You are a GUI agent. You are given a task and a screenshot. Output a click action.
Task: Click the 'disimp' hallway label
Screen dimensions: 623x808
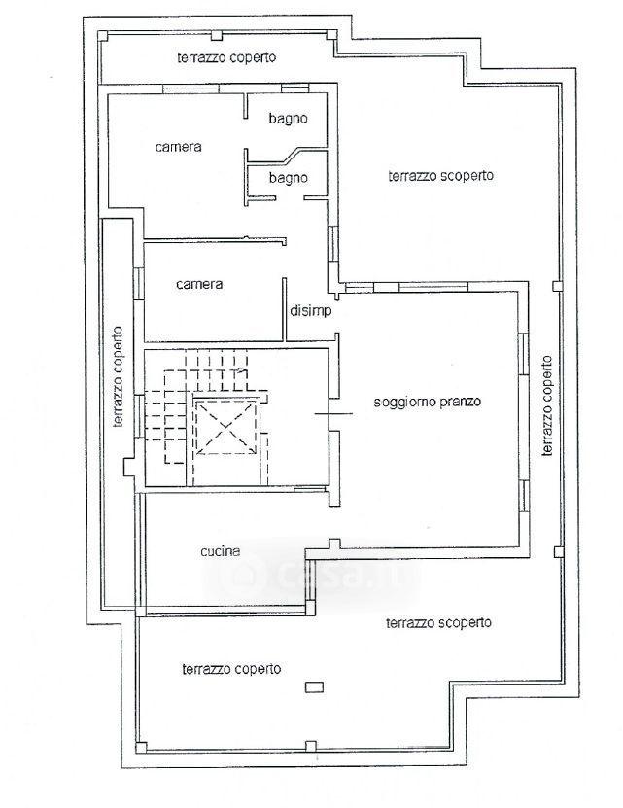coord(311,311)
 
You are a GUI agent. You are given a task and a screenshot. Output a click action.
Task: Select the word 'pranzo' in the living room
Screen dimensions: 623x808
coord(463,402)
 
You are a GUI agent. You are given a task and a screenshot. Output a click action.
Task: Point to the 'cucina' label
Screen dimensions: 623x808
coord(221,551)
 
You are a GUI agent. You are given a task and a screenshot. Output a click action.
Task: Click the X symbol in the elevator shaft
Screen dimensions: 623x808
coord(225,428)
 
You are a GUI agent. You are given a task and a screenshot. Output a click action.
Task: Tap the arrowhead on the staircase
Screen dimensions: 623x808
coord(242,369)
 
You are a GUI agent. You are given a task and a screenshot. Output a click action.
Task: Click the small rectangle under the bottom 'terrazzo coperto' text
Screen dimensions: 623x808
coord(314,686)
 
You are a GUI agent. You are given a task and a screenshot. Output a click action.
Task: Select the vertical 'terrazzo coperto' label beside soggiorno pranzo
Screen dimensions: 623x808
coord(547,406)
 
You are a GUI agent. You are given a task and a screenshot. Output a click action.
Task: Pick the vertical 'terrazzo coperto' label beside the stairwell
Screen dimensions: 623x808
coord(118,376)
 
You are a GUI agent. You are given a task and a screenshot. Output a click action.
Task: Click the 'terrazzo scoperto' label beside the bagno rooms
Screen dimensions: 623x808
coord(440,176)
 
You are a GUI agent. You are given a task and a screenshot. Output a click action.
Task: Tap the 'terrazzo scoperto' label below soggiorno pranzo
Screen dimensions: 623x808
coord(438,623)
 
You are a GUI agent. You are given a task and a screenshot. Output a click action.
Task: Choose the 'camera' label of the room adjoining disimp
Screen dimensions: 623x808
coord(199,284)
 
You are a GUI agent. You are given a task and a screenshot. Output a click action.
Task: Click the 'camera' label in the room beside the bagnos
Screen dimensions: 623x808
coord(178,147)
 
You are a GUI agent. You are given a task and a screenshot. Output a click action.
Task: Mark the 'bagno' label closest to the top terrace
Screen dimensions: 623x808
coord(288,119)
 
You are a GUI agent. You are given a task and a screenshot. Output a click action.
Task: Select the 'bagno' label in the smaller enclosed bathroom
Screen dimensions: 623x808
coord(288,178)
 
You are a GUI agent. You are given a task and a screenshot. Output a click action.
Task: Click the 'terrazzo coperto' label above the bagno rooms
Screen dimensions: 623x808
coord(226,57)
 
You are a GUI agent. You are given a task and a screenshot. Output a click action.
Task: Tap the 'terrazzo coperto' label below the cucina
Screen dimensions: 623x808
coord(231,669)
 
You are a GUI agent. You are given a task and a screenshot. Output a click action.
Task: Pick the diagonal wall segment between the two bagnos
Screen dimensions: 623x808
coord(289,154)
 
